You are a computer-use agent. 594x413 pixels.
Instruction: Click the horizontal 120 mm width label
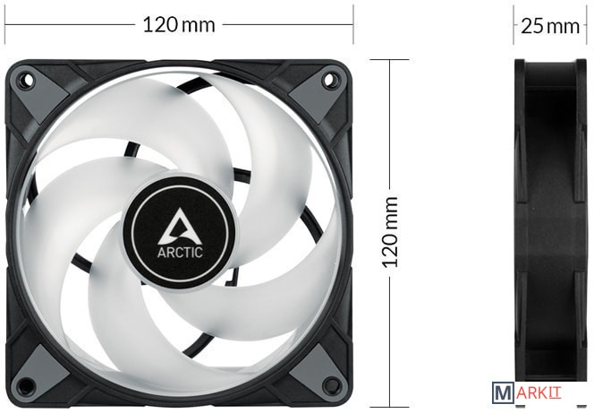[179, 25]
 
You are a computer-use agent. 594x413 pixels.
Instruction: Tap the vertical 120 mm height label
[390, 232]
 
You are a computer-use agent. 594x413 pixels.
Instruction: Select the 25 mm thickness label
[550, 26]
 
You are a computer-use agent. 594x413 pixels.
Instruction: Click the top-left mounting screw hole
[28, 80]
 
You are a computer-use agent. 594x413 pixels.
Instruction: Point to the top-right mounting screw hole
[328, 79]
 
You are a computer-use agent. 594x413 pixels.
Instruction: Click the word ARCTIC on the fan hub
[180, 253]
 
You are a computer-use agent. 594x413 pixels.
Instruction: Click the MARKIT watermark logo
[527, 392]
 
